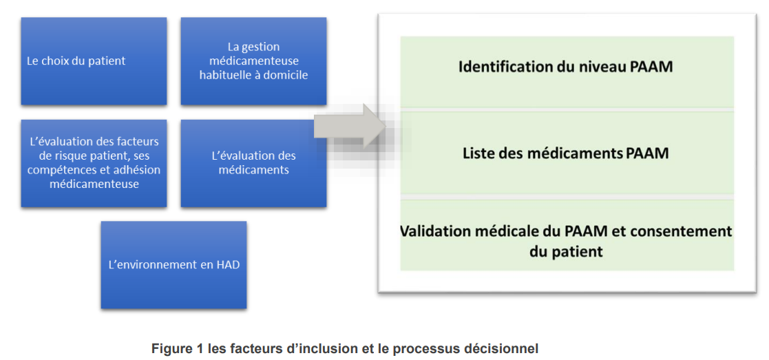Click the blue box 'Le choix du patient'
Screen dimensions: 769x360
click(94, 61)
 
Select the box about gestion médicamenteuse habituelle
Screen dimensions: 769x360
click(253, 61)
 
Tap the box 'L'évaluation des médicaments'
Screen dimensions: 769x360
click(253, 163)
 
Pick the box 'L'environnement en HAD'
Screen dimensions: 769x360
click(173, 265)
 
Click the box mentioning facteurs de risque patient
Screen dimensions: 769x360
click(94, 163)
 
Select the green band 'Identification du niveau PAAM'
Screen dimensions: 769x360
click(567, 72)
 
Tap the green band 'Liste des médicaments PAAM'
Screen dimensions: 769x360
click(567, 153)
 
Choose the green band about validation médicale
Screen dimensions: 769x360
click(567, 235)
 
